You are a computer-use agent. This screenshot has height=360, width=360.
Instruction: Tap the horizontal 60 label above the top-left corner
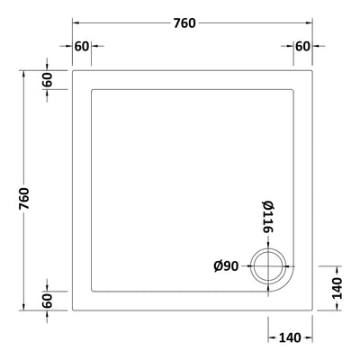point(82,46)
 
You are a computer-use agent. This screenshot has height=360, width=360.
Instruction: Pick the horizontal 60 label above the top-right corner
point(301,46)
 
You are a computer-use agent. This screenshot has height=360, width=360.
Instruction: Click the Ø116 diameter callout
point(267,219)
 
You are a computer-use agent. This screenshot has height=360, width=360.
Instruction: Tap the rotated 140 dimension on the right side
point(337,290)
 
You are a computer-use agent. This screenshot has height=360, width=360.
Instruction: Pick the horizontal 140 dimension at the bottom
point(289,337)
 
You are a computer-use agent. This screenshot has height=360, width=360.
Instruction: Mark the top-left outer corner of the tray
point(72,67)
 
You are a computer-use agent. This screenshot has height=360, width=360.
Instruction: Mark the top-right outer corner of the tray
point(311,67)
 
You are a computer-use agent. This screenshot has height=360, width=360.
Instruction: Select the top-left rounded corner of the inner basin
point(94,89)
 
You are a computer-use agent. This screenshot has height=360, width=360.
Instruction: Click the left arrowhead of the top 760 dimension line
point(76,22)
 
